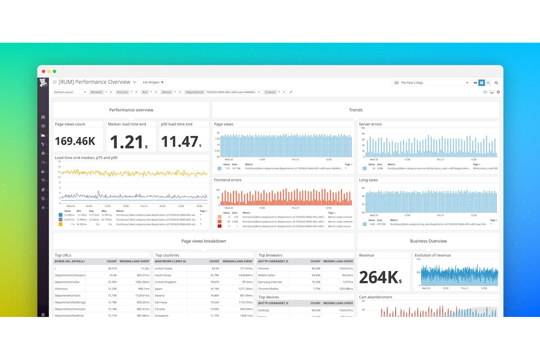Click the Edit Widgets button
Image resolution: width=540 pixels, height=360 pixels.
(153, 82)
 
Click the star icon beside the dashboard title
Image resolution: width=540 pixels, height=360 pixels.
(55, 82)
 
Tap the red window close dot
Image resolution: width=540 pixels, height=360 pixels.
(43, 71)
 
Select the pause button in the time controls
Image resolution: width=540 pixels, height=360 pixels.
(482, 83)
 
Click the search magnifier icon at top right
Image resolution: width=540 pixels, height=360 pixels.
(496, 83)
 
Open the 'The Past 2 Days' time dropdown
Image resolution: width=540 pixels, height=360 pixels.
(431, 83)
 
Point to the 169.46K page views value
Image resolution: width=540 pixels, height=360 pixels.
(75, 141)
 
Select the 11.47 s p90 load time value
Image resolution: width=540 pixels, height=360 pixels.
(181, 142)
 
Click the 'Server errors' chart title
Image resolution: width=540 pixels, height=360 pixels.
(370, 124)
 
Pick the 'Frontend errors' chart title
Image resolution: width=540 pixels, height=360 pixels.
(228, 180)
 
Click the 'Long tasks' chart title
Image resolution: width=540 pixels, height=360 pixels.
(368, 180)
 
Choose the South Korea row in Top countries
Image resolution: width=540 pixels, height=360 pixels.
(163, 275)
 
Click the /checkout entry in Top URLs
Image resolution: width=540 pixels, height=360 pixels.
(61, 289)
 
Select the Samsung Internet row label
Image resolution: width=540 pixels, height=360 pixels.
(270, 282)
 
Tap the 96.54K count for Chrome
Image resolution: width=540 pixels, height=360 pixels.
(316, 268)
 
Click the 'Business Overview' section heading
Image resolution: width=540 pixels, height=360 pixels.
(428, 241)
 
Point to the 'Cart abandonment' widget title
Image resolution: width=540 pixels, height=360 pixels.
(375, 297)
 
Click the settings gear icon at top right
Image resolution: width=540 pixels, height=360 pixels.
(498, 92)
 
